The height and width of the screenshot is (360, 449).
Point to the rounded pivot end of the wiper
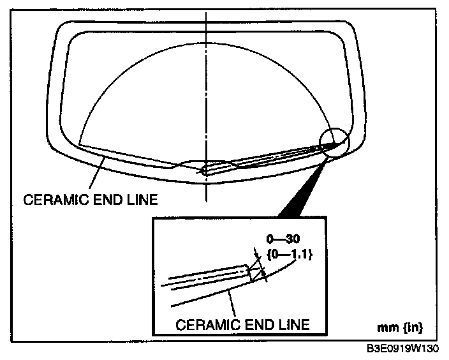[204, 171]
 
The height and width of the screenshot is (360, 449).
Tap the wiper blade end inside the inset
[246, 271]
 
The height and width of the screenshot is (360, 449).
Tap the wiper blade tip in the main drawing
[333, 145]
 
